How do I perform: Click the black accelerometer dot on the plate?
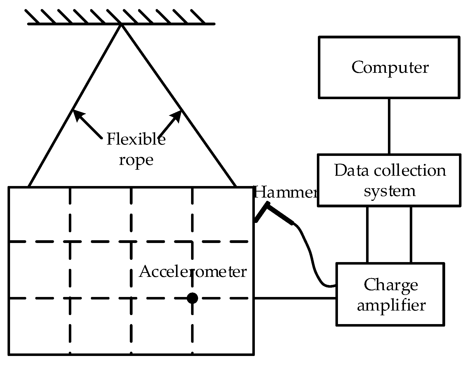pos(192,298)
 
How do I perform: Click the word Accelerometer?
pos(193,272)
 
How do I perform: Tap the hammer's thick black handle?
pos(280,214)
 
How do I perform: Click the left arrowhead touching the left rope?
pos(77,114)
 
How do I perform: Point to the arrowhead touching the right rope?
pos(177,115)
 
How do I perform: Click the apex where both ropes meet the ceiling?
pos(122,24)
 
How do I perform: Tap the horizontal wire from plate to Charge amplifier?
pos(295,298)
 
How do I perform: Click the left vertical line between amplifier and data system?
pos(367,235)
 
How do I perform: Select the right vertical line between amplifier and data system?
pos(411,235)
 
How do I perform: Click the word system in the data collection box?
pos(390,191)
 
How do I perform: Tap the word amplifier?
pos(391,306)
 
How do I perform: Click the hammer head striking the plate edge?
pos(261,213)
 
